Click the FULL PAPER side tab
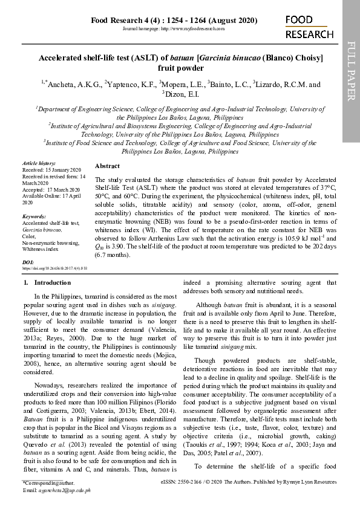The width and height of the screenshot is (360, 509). [351, 71]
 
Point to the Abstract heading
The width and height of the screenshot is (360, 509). [107, 165]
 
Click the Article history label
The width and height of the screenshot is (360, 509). [39, 164]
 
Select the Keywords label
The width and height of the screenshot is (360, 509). [34, 216]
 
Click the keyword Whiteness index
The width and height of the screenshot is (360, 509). [41, 248]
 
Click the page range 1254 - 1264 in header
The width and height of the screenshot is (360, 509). [187, 21]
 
